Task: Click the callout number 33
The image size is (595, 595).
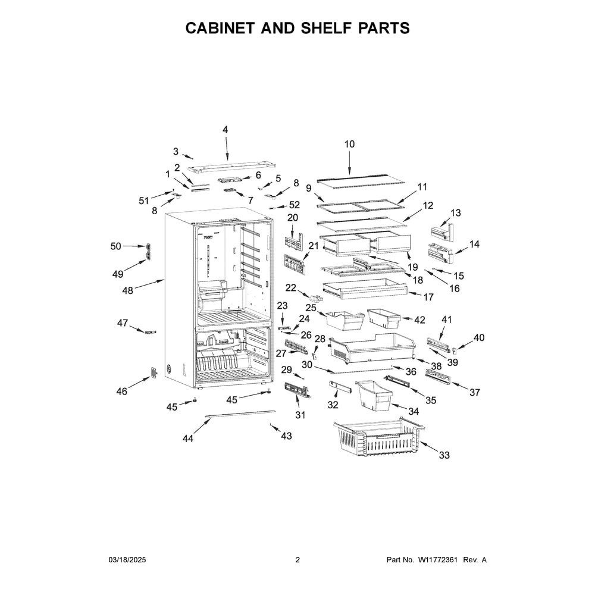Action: point(444,455)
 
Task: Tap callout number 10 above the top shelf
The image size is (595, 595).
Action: point(349,144)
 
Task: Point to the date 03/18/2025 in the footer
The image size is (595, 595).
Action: point(127,560)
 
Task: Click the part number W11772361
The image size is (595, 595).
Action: point(438,560)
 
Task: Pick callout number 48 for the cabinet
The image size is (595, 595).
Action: point(127,291)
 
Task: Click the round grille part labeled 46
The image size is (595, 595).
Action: point(154,372)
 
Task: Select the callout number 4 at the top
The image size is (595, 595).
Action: point(225,130)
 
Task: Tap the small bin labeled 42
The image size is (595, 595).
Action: point(384,318)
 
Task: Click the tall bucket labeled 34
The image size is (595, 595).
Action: point(374,396)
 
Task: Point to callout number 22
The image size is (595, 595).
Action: point(291,288)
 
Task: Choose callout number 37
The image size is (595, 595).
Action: point(475,392)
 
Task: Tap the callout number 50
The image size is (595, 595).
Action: point(116,246)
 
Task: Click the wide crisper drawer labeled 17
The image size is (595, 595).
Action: point(365,289)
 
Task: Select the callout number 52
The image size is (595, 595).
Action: point(295,205)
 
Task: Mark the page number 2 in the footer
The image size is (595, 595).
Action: point(297,560)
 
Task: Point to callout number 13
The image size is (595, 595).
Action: point(455,213)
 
